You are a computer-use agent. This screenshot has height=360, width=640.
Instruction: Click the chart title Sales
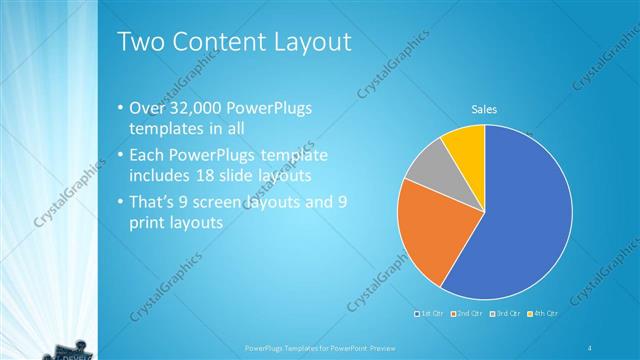click(x=484, y=109)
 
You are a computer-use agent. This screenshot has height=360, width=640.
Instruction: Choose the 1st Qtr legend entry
click(x=429, y=313)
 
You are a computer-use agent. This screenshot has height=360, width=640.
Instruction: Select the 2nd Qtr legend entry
click(x=466, y=313)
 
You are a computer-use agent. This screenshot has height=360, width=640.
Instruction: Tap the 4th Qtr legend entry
click(x=542, y=313)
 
